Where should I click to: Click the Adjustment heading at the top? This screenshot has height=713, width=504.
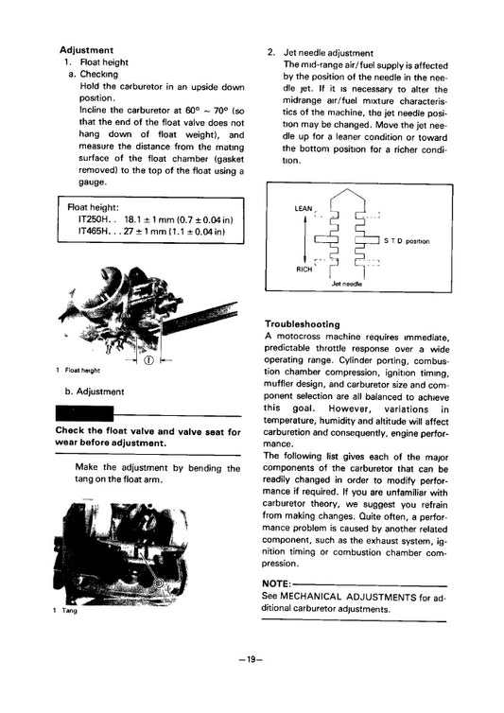pos(86,49)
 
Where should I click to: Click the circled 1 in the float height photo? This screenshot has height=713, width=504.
pos(148,359)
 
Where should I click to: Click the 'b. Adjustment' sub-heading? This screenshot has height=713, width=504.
pos(94,391)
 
